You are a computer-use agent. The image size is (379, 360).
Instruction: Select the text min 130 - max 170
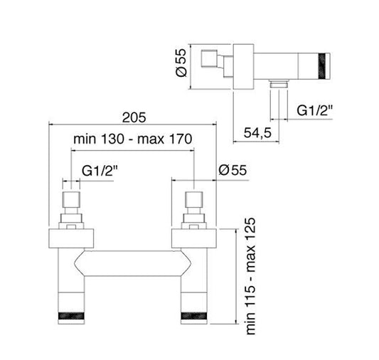[x=132, y=139]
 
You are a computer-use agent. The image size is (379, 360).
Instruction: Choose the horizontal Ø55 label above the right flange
[x=233, y=170]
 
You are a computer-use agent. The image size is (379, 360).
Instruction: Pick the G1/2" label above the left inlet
[x=98, y=171]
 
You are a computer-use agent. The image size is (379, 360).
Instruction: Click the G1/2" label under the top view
[x=312, y=111]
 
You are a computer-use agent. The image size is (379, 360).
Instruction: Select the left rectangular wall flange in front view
[x=70, y=238]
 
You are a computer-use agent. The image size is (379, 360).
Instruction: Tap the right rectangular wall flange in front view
[x=194, y=238]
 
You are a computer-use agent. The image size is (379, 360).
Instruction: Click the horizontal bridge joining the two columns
[x=132, y=263]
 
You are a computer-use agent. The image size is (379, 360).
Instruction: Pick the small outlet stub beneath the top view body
[x=277, y=93]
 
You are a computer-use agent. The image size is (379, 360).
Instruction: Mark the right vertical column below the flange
[x=194, y=285]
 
